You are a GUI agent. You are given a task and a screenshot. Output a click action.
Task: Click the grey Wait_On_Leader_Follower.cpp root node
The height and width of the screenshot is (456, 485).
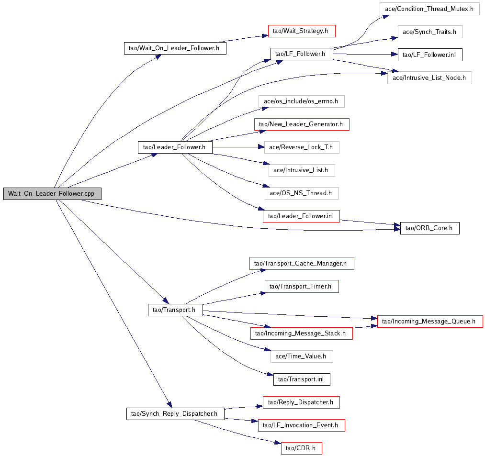pos(53,193)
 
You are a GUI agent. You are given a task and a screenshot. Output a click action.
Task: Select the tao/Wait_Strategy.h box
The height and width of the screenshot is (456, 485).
pos(302,31)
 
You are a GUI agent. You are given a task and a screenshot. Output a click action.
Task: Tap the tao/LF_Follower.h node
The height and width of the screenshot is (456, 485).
pos(302,54)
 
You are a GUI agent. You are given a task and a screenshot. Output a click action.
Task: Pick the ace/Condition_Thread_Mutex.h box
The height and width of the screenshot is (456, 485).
pos(429,9)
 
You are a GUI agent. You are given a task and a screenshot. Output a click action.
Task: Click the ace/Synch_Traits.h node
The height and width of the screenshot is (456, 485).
pos(430,32)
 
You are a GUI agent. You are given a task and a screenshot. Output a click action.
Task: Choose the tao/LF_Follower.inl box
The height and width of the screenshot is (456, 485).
pos(430,55)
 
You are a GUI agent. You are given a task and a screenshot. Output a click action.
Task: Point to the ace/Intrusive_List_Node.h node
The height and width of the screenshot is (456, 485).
pos(429,78)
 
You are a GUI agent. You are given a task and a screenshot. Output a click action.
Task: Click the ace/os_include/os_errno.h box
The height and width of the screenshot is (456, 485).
pos(302,101)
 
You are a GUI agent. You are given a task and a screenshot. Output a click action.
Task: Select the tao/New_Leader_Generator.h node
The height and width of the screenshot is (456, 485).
pos(302,124)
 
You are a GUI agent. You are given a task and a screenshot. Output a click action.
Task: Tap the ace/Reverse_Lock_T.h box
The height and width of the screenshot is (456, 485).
pos(302,147)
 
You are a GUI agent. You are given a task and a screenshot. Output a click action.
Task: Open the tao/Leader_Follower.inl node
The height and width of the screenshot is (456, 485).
pos(301,216)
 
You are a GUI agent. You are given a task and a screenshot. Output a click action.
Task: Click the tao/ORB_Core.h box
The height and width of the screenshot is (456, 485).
pos(429,228)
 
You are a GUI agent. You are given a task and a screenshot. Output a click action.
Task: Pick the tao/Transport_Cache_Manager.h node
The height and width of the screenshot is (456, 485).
pos(302,263)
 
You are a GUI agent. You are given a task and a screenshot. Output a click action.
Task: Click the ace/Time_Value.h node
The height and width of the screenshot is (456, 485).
pos(302,356)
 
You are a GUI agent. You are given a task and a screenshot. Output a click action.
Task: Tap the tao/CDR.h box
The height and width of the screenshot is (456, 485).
pos(302,448)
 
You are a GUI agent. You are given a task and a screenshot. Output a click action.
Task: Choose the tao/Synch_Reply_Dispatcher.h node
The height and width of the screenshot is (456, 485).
pos(175,413)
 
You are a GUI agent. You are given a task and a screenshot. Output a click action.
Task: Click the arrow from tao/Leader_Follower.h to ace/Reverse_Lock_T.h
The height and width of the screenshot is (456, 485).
pos(238,147)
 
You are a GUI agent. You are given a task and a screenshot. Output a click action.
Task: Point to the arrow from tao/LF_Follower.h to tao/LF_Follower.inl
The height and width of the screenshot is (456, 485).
pos(365,54)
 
